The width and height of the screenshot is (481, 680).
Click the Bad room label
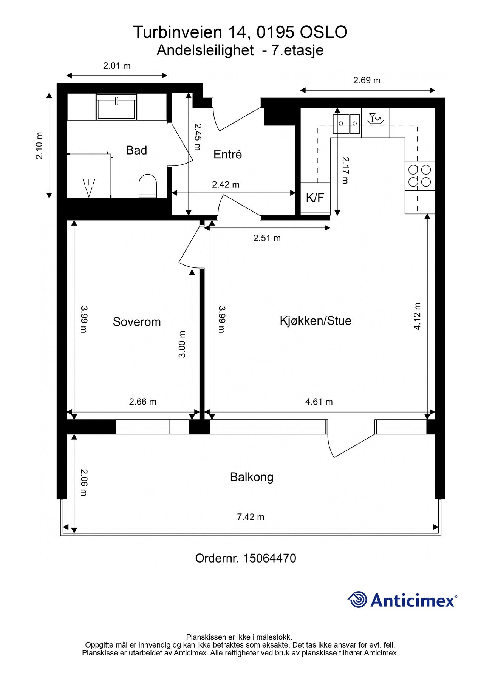[x=136, y=150]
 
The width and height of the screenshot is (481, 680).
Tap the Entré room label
[x=227, y=154]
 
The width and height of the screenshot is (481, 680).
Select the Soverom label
[x=137, y=322]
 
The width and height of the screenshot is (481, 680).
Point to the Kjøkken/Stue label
[x=316, y=321]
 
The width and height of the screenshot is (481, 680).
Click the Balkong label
[x=252, y=477]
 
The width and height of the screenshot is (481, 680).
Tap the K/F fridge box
[x=315, y=198]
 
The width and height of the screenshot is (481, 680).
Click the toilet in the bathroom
[x=148, y=185]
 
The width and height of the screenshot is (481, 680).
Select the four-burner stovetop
[x=420, y=176]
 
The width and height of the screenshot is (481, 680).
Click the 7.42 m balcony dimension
[x=251, y=517]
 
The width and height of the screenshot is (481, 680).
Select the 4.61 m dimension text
[x=319, y=402]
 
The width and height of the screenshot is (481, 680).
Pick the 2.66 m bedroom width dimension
[x=143, y=402]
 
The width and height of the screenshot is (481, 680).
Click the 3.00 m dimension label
[x=182, y=344]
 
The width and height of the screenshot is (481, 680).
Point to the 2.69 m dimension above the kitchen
[x=367, y=80]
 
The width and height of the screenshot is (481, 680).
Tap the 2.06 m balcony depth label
[x=84, y=483]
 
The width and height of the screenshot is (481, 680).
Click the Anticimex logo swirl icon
[x=357, y=600]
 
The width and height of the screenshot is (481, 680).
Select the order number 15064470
[x=269, y=558]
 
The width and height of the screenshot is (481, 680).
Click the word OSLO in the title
[x=323, y=32]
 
